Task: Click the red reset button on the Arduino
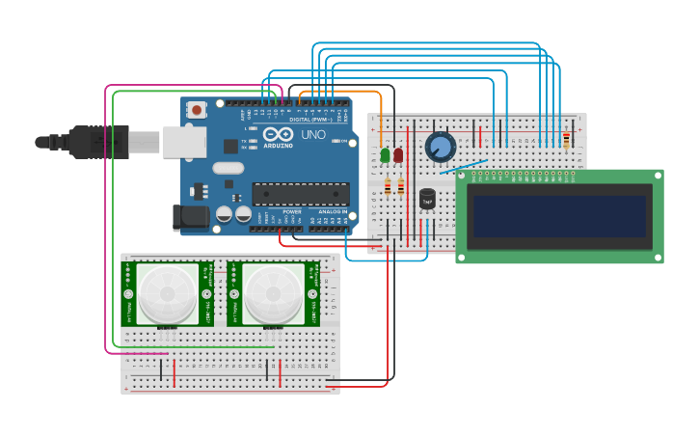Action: point(198,110)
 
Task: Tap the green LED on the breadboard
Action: point(386,154)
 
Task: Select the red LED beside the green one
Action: point(398,154)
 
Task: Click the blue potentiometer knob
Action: point(440,147)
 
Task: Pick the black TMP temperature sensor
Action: point(427,199)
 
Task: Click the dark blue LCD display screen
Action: point(558,216)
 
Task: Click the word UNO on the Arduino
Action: point(313,135)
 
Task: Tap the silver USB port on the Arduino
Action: point(183,142)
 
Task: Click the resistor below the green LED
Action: point(389,186)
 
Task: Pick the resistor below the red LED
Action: point(400,186)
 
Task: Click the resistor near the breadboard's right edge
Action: point(566,141)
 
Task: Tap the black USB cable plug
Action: point(96,142)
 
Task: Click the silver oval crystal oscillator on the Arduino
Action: point(229,168)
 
